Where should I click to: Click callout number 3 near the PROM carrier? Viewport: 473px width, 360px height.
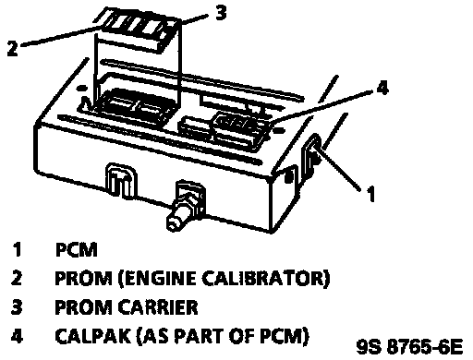(221, 13)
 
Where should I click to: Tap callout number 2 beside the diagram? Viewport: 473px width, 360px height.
(13, 48)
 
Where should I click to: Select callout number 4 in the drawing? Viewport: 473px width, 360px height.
(382, 88)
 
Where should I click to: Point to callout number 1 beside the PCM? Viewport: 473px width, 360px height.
(370, 194)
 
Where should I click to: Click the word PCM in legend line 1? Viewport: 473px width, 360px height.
(76, 249)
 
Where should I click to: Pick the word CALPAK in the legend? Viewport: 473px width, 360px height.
(92, 336)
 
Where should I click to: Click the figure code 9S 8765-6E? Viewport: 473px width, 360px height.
(409, 347)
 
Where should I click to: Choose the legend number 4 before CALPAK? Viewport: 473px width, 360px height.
(17, 336)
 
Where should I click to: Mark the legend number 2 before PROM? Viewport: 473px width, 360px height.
(17, 278)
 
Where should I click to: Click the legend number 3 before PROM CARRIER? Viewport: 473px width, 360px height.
(17, 307)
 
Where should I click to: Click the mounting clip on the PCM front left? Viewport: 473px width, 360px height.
(121, 181)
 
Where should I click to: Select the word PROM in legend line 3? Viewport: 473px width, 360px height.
(83, 307)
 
